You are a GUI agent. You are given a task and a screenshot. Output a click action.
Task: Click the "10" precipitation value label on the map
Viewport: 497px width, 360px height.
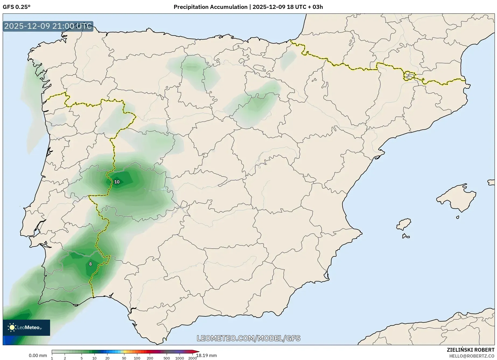pyautogui.click(x=117, y=182)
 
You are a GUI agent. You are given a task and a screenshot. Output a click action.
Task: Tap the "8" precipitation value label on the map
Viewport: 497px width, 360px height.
pyautogui.click(x=90, y=264)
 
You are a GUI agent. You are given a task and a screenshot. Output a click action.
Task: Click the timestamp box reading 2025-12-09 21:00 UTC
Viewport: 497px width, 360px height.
pyautogui.click(x=48, y=26)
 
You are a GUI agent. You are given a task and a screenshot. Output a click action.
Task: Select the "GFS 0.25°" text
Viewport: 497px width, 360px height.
pyautogui.click(x=17, y=7)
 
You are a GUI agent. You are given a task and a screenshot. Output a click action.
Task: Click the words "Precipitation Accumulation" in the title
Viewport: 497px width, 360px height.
pyautogui.click(x=210, y=7)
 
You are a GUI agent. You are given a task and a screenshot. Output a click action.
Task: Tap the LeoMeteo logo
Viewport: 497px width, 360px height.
pyautogui.click(x=26, y=327)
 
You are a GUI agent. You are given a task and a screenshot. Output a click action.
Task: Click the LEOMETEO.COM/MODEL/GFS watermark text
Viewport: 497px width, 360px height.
pyautogui.click(x=248, y=338)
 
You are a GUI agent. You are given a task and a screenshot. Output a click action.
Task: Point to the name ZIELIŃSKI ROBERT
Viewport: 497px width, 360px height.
pyautogui.click(x=470, y=350)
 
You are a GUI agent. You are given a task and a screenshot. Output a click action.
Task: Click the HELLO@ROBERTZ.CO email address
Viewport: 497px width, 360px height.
pyautogui.click(x=472, y=356)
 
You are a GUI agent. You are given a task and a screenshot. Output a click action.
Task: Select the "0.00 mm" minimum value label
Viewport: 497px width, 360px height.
pyautogui.click(x=38, y=355)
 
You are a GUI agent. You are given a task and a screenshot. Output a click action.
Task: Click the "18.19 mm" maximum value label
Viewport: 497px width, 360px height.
pyautogui.click(x=206, y=355)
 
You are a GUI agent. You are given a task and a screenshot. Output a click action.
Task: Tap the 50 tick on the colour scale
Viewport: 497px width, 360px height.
pyautogui.click(x=124, y=358)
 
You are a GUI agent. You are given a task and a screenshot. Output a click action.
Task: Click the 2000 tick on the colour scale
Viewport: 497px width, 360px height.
pyautogui.click(x=192, y=358)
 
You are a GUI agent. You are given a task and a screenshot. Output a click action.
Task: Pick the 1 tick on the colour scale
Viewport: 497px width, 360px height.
pyautogui.click(x=52, y=358)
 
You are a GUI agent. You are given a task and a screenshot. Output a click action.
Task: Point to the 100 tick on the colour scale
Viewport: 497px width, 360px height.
pyautogui.click(x=137, y=358)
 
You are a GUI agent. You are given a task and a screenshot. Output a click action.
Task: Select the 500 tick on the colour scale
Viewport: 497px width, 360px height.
pyautogui.click(x=167, y=358)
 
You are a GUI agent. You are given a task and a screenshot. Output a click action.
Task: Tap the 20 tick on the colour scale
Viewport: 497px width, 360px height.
pyautogui.click(x=107, y=358)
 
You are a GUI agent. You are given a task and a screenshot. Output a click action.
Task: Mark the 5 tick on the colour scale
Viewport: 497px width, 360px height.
pyautogui.click(x=82, y=358)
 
